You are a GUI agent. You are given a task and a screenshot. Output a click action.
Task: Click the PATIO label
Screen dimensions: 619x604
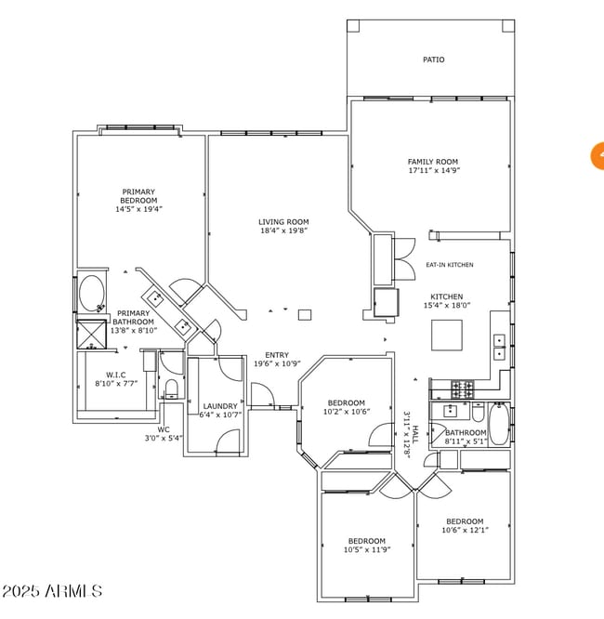pos(433,59)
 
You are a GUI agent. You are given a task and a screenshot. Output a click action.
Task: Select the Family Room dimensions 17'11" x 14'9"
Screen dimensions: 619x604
pos(433,171)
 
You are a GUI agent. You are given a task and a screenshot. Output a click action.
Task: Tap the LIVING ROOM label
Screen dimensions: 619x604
pos(283,221)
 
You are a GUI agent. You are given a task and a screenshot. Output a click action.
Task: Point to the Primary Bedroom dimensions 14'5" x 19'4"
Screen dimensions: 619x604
pos(138,210)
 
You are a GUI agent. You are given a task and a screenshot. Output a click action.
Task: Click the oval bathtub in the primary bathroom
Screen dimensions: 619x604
pos(91,295)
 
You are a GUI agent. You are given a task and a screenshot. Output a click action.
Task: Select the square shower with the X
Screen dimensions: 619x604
pos(91,333)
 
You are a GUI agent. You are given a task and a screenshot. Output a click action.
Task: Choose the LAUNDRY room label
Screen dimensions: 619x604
pos(220,406)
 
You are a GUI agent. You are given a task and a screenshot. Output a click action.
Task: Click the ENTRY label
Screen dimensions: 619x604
pos(277,355)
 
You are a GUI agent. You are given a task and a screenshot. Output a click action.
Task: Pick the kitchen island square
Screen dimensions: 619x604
pos(447,335)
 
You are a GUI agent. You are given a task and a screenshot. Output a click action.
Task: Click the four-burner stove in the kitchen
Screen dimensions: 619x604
pos(462,386)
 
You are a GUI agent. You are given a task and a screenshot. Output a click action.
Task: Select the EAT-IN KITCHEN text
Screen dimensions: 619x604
pos(449,265)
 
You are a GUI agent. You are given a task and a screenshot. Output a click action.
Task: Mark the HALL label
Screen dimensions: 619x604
pos(415,432)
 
